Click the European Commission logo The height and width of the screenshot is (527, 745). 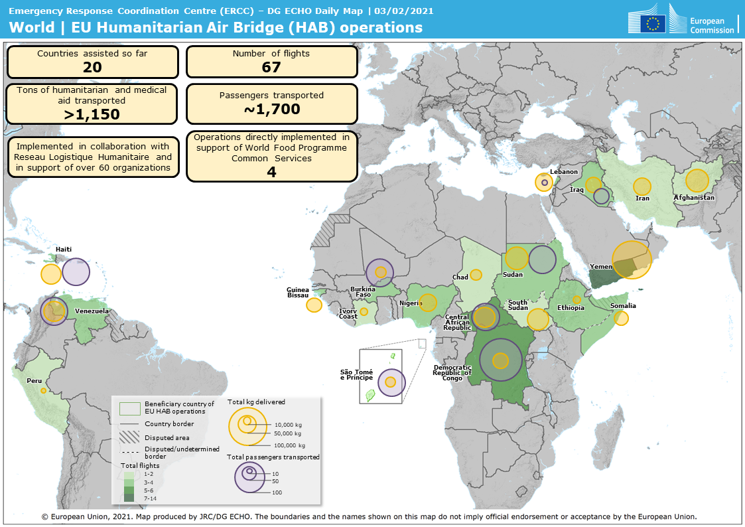[683, 22]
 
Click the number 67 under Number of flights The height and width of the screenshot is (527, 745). [271, 67]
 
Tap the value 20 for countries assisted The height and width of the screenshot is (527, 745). [92, 67]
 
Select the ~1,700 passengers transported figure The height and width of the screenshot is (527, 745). [271, 110]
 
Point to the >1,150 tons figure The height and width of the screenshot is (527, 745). [92, 114]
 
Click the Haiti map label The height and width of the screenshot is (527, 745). [64, 250]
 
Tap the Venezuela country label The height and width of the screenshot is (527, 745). [92, 311]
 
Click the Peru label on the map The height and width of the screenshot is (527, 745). [34, 382]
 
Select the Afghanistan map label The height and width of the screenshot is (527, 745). [694, 198]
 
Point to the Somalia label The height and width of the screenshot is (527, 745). [623, 306]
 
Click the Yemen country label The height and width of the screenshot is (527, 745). [600, 267]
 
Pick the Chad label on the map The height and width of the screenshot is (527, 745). [460, 277]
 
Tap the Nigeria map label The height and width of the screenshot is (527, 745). [411, 303]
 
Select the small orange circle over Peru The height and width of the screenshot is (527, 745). [43, 391]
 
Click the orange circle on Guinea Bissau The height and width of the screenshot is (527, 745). [314, 305]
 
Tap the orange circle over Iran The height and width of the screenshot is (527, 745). [642, 187]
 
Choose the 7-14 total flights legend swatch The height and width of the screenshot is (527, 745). [129, 498]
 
